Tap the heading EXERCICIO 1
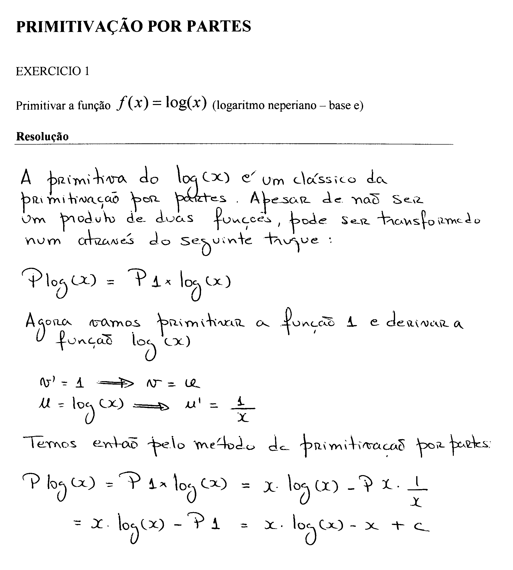point(52,71)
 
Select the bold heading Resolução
point(42,136)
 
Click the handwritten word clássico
point(324,179)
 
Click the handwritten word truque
point(292,240)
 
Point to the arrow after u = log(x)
point(151,406)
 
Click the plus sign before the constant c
point(398,525)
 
